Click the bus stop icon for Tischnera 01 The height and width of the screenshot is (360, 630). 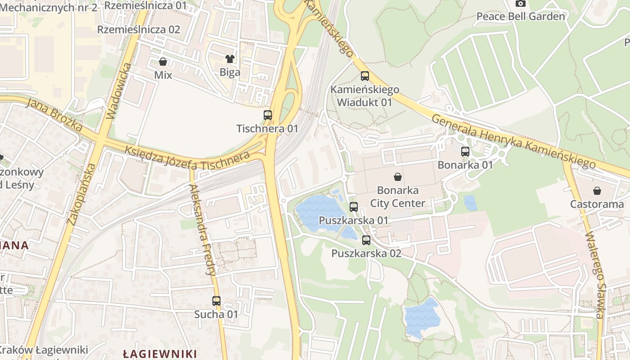point(268,115)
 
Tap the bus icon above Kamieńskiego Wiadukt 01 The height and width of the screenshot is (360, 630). point(365,76)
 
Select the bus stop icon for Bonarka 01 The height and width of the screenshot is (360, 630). point(465,152)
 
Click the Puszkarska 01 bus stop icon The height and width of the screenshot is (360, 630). point(354,207)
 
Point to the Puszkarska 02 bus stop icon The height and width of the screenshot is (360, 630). point(366,240)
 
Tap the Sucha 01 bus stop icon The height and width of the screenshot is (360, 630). point(216,301)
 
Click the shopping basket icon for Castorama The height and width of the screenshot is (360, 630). point(597,191)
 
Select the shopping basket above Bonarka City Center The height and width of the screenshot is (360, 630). point(398,176)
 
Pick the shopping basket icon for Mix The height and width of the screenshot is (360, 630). point(163,62)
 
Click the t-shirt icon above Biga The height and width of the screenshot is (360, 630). point(230,58)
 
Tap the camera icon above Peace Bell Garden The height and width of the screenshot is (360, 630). point(521,4)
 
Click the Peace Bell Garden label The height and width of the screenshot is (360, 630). point(521,17)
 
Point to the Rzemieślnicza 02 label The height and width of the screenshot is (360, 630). point(139,30)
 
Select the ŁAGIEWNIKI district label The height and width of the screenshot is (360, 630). point(160,354)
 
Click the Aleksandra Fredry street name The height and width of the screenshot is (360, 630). point(203,229)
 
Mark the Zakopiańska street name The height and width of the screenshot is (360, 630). point(81,194)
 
